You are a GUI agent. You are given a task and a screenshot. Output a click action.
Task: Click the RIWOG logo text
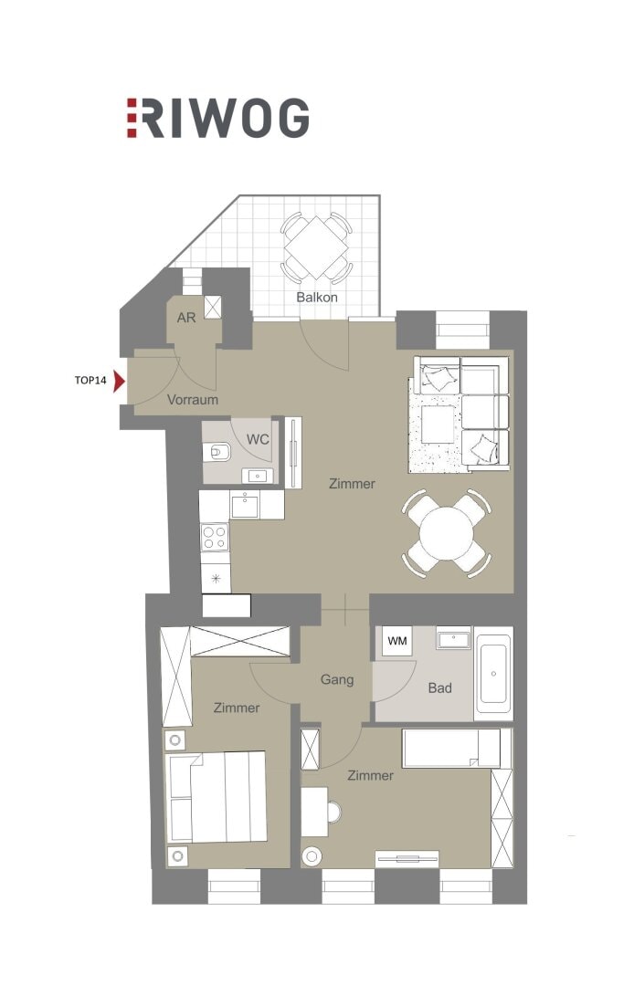click(217, 118)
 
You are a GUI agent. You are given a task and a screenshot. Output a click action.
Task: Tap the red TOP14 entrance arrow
click(119, 381)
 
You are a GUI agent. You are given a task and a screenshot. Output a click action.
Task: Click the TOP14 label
click(90, 381)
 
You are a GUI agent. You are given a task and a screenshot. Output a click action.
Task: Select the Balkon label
click(317, 297)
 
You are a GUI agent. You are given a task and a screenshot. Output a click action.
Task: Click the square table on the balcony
click(316, 247)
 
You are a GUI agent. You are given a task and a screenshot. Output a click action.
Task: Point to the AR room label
click(186, 318)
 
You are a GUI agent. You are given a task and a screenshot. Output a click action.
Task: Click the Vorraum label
click(193, 399)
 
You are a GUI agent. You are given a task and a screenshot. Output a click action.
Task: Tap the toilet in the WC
click(217, 452)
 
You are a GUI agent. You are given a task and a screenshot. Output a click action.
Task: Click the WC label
click(258, 439)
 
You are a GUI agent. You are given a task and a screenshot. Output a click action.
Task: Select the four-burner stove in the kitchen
click(215, 537)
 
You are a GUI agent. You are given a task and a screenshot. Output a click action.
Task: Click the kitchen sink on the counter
click(245, 505)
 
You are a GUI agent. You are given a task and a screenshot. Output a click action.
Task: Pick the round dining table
click(447, 534)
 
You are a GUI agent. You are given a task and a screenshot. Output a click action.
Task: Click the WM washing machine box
click(397, 642)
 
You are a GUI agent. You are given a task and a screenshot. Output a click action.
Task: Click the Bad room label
click(439, 688)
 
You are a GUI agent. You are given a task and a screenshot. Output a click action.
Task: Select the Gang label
click(337, 680)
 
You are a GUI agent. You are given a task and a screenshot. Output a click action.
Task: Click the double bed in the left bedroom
click(215, 797)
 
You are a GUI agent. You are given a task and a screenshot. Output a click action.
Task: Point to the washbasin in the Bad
click(453, 638)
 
